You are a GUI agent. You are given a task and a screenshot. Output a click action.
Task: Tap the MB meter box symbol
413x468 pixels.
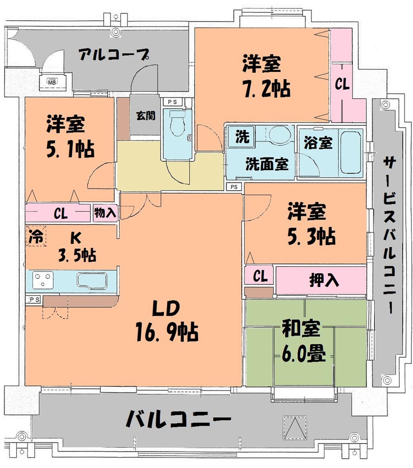(52, 82)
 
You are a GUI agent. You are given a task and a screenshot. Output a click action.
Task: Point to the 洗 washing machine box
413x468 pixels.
(242, 137)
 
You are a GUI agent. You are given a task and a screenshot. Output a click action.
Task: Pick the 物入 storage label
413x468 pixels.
(105, 213)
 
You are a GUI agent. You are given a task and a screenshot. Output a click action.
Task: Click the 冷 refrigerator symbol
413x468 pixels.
(36, 237)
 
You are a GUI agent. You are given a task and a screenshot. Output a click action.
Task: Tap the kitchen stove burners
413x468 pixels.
(43, 280)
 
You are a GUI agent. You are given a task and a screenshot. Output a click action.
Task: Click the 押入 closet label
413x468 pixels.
(324, 280)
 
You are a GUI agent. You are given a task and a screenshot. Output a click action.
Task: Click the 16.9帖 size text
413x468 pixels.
(167, 331)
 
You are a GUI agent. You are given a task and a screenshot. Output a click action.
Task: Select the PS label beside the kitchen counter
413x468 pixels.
(34, 299)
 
